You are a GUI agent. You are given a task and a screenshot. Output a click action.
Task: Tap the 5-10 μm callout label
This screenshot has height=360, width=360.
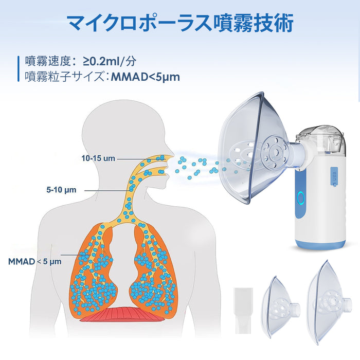[61, 190]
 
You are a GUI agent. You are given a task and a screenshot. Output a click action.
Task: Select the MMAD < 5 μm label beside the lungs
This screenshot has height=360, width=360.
[35, 261]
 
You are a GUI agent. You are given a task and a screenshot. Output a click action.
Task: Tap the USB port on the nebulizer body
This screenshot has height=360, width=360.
[333, 177]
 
